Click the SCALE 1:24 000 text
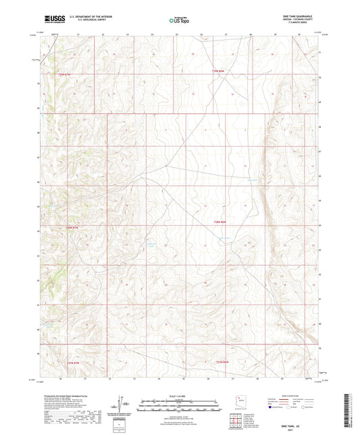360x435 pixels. tap(179, 395)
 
